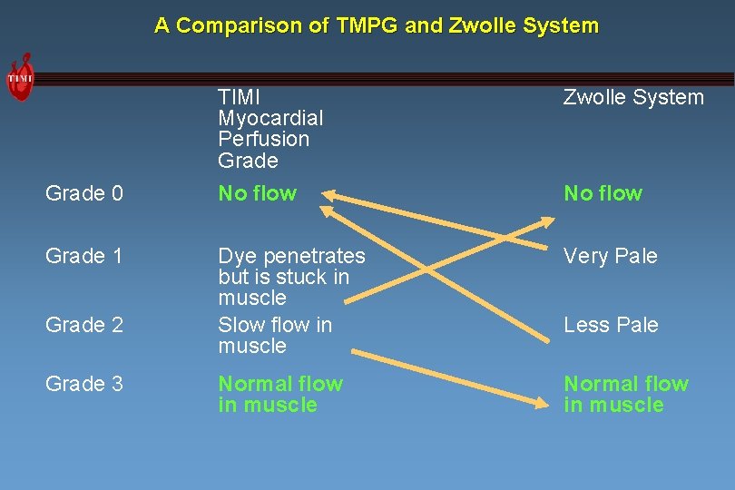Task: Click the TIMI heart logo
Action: [20, 77]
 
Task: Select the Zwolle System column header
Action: [633, 97]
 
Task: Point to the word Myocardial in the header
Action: [270, 118]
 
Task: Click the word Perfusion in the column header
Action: [264, 139]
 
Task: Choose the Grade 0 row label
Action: [84, 193]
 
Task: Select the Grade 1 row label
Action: [84, 257]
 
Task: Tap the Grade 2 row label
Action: [84, 325]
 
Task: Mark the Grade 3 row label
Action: [84, 384]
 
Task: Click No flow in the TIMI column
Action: [258, 193]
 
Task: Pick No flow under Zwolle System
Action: [603, 193]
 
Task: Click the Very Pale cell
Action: [610, 257]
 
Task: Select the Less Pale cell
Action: [611, 325]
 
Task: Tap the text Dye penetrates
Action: [291, 257]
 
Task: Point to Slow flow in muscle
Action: [275, 335]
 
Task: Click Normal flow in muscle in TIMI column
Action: [280, 394]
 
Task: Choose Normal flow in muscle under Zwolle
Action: [626, 394]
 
